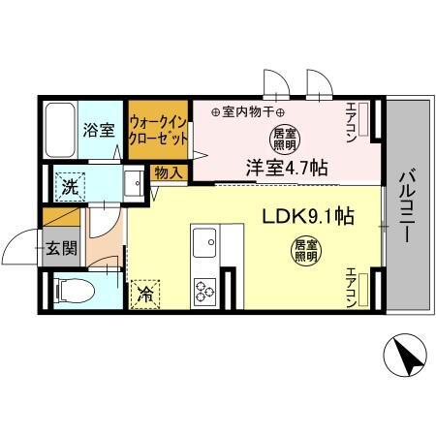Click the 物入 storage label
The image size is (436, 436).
tap(164, 173)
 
